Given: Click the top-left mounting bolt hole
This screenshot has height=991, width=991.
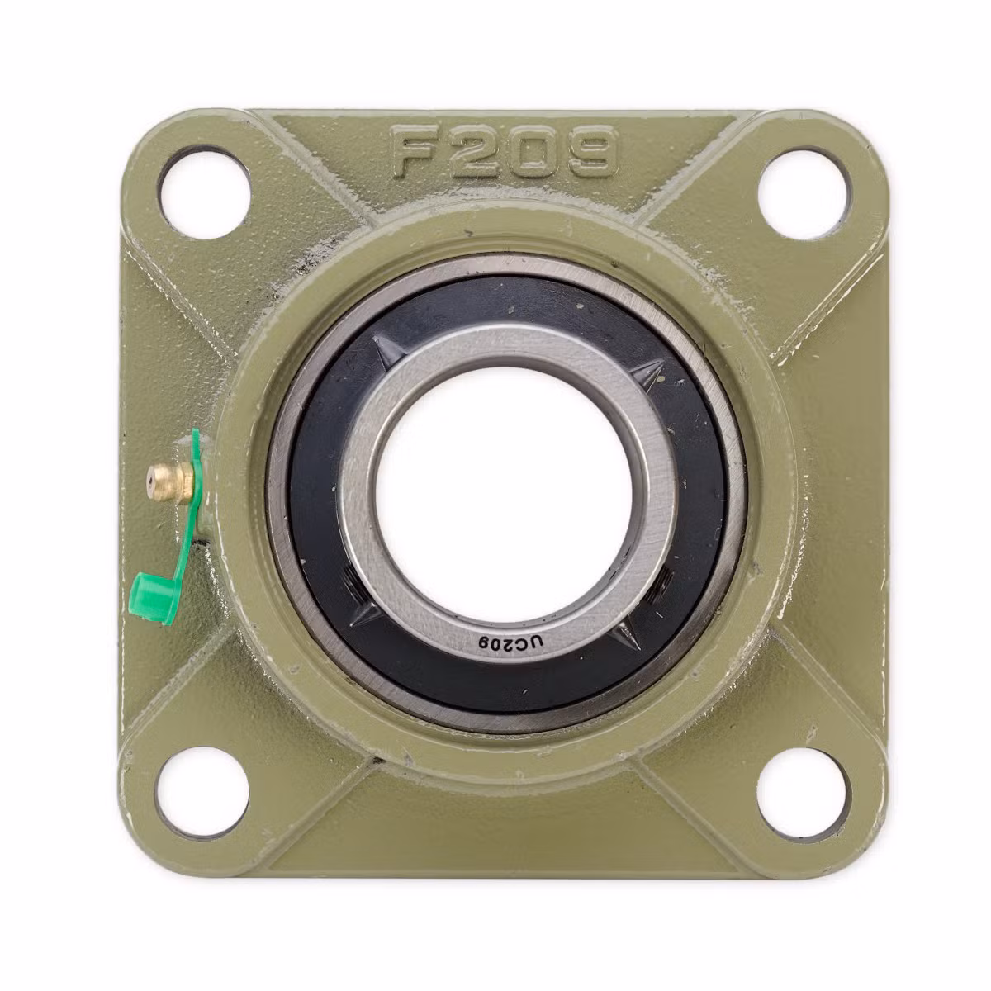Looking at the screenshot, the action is coord(204,192).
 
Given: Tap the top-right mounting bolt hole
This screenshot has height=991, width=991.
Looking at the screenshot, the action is coord(803,194).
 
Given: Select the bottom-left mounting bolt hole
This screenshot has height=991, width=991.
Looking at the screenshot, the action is coord(202,793).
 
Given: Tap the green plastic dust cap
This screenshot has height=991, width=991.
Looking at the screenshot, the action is coord(153,599).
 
